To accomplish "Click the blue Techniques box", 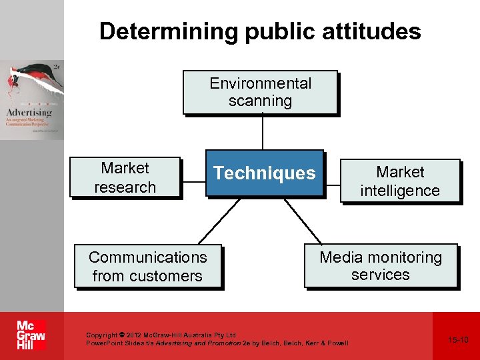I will pos(264,173).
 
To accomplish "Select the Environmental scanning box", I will pos(260,93).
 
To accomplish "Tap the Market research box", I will pos(125,178).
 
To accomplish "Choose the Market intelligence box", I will pos(400,181).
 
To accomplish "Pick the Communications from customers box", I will pos(147,267).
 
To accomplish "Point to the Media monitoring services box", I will pos(381,266).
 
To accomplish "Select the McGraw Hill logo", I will pos(31,335).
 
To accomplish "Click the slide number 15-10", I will pos(459,340).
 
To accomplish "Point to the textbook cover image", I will pos(32,100).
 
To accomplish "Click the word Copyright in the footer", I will pos(101,335).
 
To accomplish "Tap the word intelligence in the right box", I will pos(400,191).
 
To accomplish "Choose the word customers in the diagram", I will pos(169,276).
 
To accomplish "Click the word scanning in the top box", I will pos(260,101).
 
